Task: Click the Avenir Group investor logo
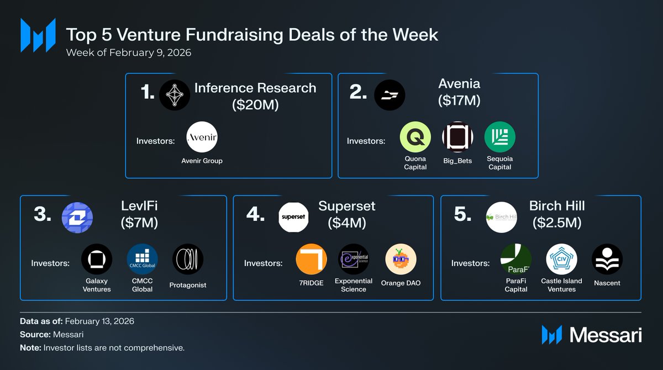pyautogui.click(x=202, y=137)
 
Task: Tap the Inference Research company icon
pyautogui.click(x=175, y=94)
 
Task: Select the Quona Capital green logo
pyautogui.click(x=415, y=137)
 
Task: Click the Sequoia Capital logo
pyautogui.click(x=499, y=137)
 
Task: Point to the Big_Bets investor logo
pyautogui.click(x=457, y=137)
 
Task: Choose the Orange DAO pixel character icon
pyautogui.click(x=401, y=259)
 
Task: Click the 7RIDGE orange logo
pyautogui.click(x=312, y=259)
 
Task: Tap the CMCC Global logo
pyautogui.click(x=142, y=259)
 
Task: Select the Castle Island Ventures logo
pyautogui.click(x=561, y=259)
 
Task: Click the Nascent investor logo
pyautogui.click(x=607, y=259)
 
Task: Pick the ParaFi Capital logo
pyautogui.click(x=515, y=259)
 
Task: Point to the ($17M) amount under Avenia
pyautogui.click(x=459, y=101)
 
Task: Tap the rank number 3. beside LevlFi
pyautogui.click(x=43, y=215)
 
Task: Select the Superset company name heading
pyautogui.click(x=346, y=206)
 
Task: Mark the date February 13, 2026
pyautogui.click(x=99, y=321)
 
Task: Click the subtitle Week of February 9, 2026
pyautogui.click(x=129, y=53)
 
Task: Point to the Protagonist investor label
pyautogui.click(x=188, y=285)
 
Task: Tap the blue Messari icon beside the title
pyautogui.click(x=38, y=35)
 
